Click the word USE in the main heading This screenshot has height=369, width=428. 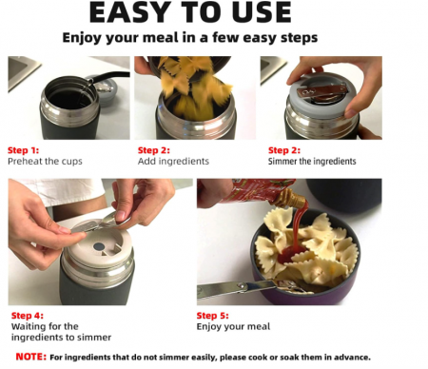tap(262, 12)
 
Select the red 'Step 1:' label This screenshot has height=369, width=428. tap(23, 150)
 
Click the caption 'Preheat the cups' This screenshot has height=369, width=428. tap(45, 162)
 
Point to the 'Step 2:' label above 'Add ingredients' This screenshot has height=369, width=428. tap(154, 150)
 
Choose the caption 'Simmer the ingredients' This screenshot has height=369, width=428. tap(312, 162)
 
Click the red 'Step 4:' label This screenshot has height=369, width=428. tap(28, 316)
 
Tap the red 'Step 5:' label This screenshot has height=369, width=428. tap(212, 316)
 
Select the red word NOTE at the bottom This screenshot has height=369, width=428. tap(31, 357)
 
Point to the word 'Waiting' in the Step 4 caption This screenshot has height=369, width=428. tap(27, 326)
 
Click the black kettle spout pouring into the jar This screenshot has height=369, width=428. tap(107, 77)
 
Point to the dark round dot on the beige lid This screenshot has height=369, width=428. tap(99, 246)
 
